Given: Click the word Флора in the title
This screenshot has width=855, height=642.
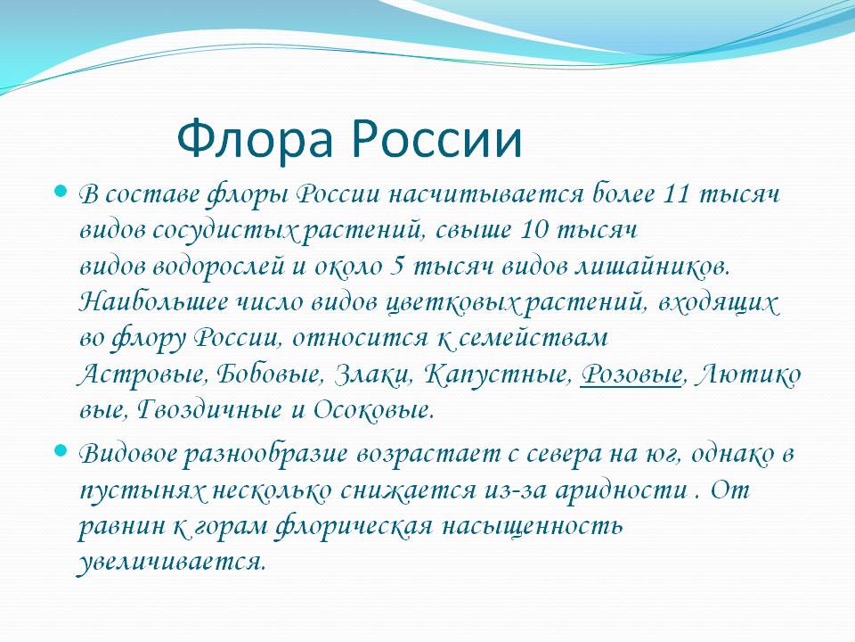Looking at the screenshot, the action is (255, 139).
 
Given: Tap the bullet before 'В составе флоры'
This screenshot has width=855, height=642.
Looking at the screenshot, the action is (61, 192).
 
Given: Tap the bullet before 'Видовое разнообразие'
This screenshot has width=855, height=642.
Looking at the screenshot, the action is (61, 451).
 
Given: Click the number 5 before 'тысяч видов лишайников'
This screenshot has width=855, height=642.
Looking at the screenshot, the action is (397, 267).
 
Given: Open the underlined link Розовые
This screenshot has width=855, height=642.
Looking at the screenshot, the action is (631, 375).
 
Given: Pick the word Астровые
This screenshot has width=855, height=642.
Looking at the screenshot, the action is (142, 375).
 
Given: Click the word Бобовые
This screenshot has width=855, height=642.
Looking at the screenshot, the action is (267, 374).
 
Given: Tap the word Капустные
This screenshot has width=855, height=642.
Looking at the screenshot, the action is (497, 375).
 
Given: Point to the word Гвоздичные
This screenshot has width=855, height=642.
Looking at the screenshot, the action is (208, 410).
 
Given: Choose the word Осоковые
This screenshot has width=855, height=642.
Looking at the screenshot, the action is (373, 410).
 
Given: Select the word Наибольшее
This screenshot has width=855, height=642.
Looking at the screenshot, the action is (153, 302).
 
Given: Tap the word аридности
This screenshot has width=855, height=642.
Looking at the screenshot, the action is (622, 490).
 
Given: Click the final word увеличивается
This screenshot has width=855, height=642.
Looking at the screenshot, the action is (171, 562).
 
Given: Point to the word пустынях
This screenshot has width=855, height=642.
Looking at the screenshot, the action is (142, 490).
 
